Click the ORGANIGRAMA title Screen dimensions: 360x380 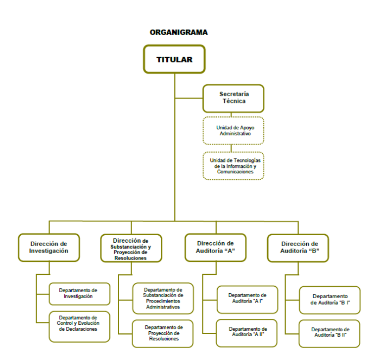[x=179, y=32]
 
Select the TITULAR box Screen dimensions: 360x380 [x=174, y=59]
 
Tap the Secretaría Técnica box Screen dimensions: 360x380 [x=234, y=98]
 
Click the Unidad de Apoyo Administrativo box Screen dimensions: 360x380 [x=234, y=131]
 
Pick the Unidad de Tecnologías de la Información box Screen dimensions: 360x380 [x=234, y=165]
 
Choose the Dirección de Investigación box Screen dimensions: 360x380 [x=48, y=248]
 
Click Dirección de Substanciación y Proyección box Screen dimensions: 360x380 [x=131, y=248]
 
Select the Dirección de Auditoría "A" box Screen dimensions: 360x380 [x=215, y=247]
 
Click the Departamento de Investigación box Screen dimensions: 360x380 [x=79, y=293]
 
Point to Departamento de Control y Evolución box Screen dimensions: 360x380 [x=79, y=326]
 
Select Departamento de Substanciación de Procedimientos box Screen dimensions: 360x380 [x=163, y=298]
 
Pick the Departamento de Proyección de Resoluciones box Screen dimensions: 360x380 [x=163, y=333]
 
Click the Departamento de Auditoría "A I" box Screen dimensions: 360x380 [x=247, y=299]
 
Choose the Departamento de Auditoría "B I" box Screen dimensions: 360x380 [x=330, y=300]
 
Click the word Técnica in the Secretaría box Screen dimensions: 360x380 [x=234, y=102]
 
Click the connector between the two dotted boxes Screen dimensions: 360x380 [x=231, y=148]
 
